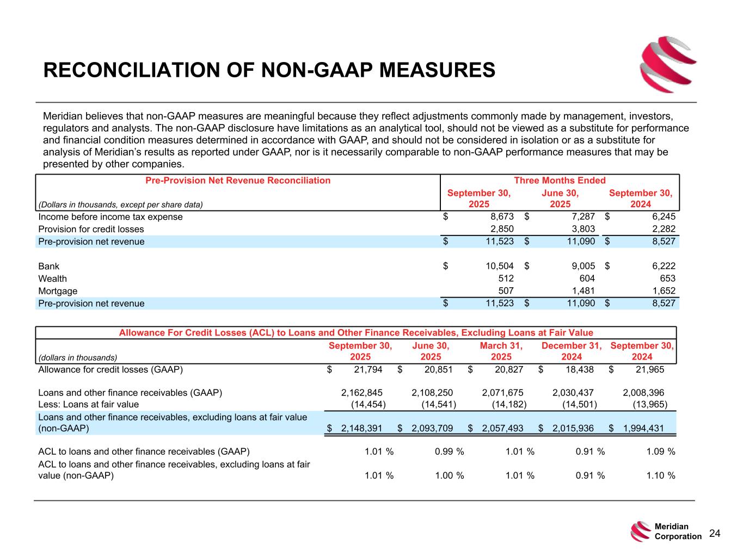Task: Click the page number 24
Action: tap(715, 534)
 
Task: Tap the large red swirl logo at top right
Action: tap(660, 60)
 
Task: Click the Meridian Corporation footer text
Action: tap(678, 531)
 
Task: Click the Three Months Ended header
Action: tap(560, 181)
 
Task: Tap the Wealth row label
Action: tap(53, 278)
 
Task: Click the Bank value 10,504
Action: tap(499, 266)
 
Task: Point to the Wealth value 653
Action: tap(667, 278)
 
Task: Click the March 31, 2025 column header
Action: tap(501, 351)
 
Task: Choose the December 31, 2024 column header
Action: tap(572, 351)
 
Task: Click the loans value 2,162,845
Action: tap(361, 393)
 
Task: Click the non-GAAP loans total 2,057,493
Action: tap(502, 428)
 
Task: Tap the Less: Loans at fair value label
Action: tap(88, 404)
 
